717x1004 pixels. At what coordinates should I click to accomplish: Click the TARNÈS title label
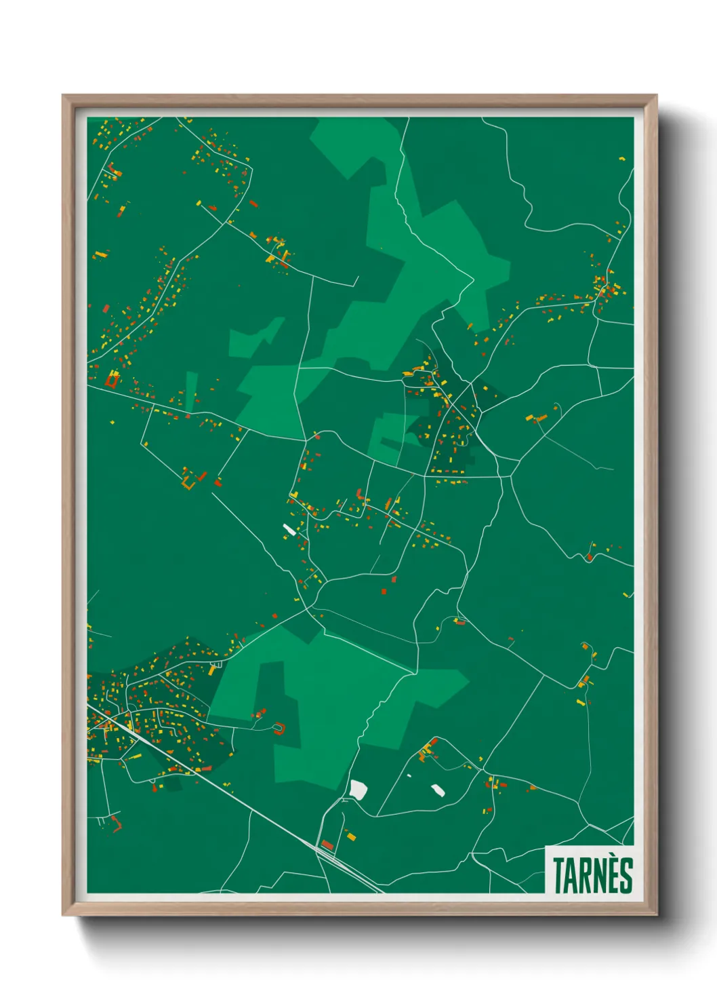592,874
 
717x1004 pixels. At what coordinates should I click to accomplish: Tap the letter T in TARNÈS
560,875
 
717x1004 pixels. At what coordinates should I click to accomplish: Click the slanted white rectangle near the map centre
289,529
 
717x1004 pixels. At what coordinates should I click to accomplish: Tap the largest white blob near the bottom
358,790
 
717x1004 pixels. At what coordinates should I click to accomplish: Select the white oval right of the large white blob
438,789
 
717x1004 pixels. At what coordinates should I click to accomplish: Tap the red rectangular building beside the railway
327,844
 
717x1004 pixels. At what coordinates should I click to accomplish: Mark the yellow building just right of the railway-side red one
351,837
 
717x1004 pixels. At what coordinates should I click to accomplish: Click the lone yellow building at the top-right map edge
622,159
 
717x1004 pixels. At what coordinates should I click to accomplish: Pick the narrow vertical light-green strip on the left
190,391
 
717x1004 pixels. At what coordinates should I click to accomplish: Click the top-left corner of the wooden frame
64,96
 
